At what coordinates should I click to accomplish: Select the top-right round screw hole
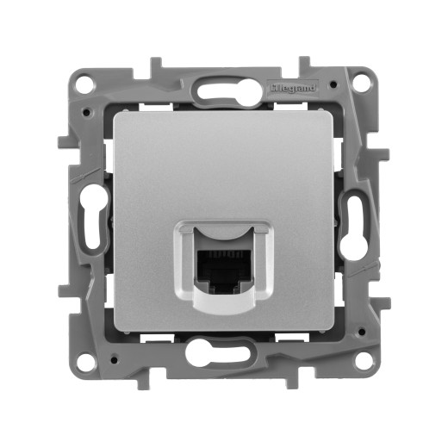click(363, 84)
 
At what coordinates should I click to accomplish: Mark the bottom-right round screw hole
click(363, 360)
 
